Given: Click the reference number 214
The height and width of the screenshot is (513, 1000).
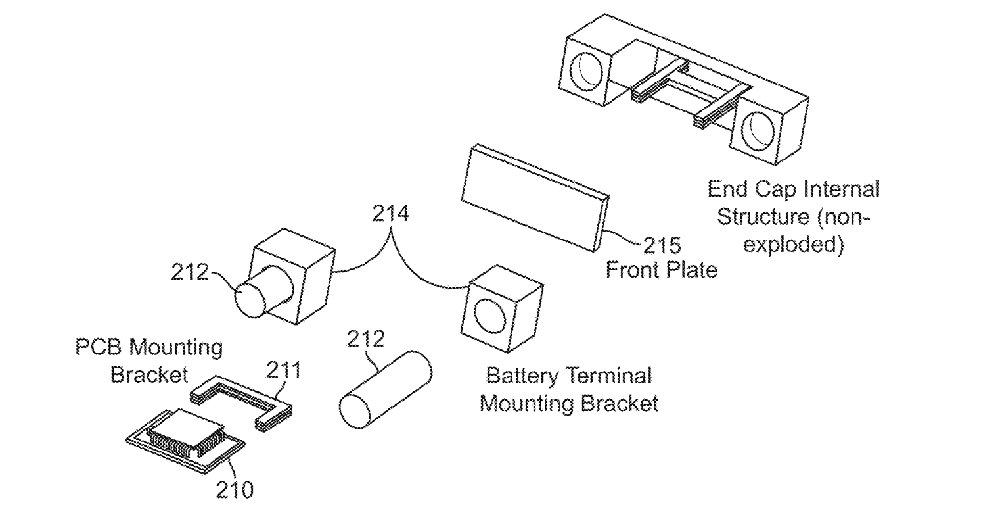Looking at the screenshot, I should click(390, 214).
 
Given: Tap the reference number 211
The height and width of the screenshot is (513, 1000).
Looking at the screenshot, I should click(284, 371).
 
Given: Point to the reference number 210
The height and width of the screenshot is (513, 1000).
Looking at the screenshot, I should click(235, 489).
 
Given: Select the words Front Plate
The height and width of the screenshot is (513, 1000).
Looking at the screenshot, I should click(661, 270).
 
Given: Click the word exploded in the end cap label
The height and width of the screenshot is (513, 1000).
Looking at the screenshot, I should click(796, 245).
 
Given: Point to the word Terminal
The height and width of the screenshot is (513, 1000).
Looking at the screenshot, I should click(610, 376).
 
